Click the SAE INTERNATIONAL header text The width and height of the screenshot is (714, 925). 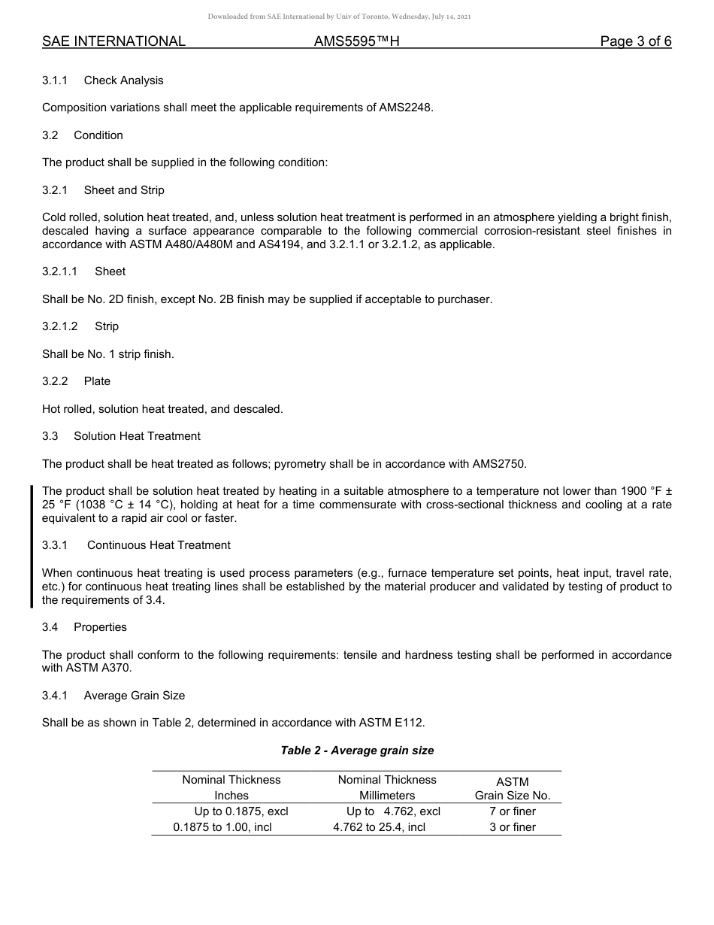(x=113, y=41)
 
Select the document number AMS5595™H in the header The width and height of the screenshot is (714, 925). (x=356, y=41)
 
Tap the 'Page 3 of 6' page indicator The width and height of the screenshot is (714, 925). (x=635, y=41)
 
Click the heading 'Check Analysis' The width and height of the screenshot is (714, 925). (x=123, y=80)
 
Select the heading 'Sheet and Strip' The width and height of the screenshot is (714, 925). (x=124, y=190)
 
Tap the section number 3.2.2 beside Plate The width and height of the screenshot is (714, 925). (x=55, y=381)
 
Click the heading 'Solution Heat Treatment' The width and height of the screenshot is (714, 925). (x=137, y=436)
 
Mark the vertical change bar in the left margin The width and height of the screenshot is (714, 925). (x=32, y=546)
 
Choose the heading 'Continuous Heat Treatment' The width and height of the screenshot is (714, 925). (x=159, y=545)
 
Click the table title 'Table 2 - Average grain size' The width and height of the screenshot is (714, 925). (x=357, y=751)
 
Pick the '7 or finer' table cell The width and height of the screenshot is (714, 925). (x=513, y=811)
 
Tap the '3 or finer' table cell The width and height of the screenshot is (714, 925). (x=513, y=827)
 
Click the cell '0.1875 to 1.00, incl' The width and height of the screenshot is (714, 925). (x=222, y=827)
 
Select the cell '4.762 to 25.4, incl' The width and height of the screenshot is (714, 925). (x=379, y=827)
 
